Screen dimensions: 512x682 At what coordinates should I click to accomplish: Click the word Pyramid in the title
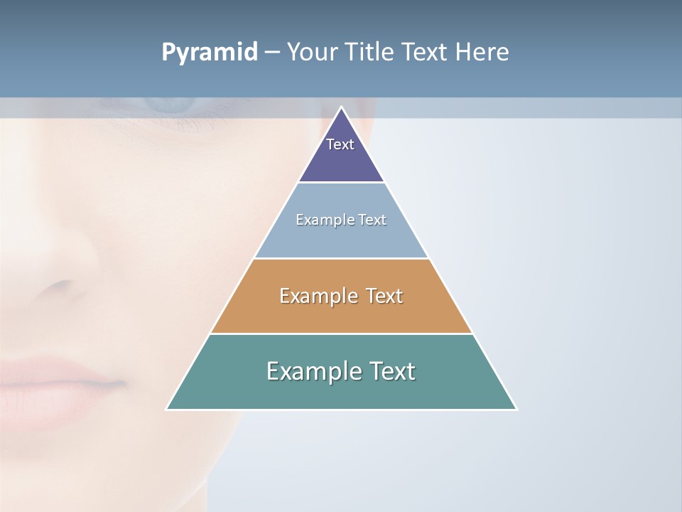pyautogui.click(x=210, y=53)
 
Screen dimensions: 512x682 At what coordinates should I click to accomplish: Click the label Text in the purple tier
pyautogui.click(x=340, y=144)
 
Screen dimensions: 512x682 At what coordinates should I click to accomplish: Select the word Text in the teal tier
pyautogui.click(x=391, y=371)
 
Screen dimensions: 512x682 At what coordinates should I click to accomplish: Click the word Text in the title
pyautogui.click(x=424, y=53)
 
